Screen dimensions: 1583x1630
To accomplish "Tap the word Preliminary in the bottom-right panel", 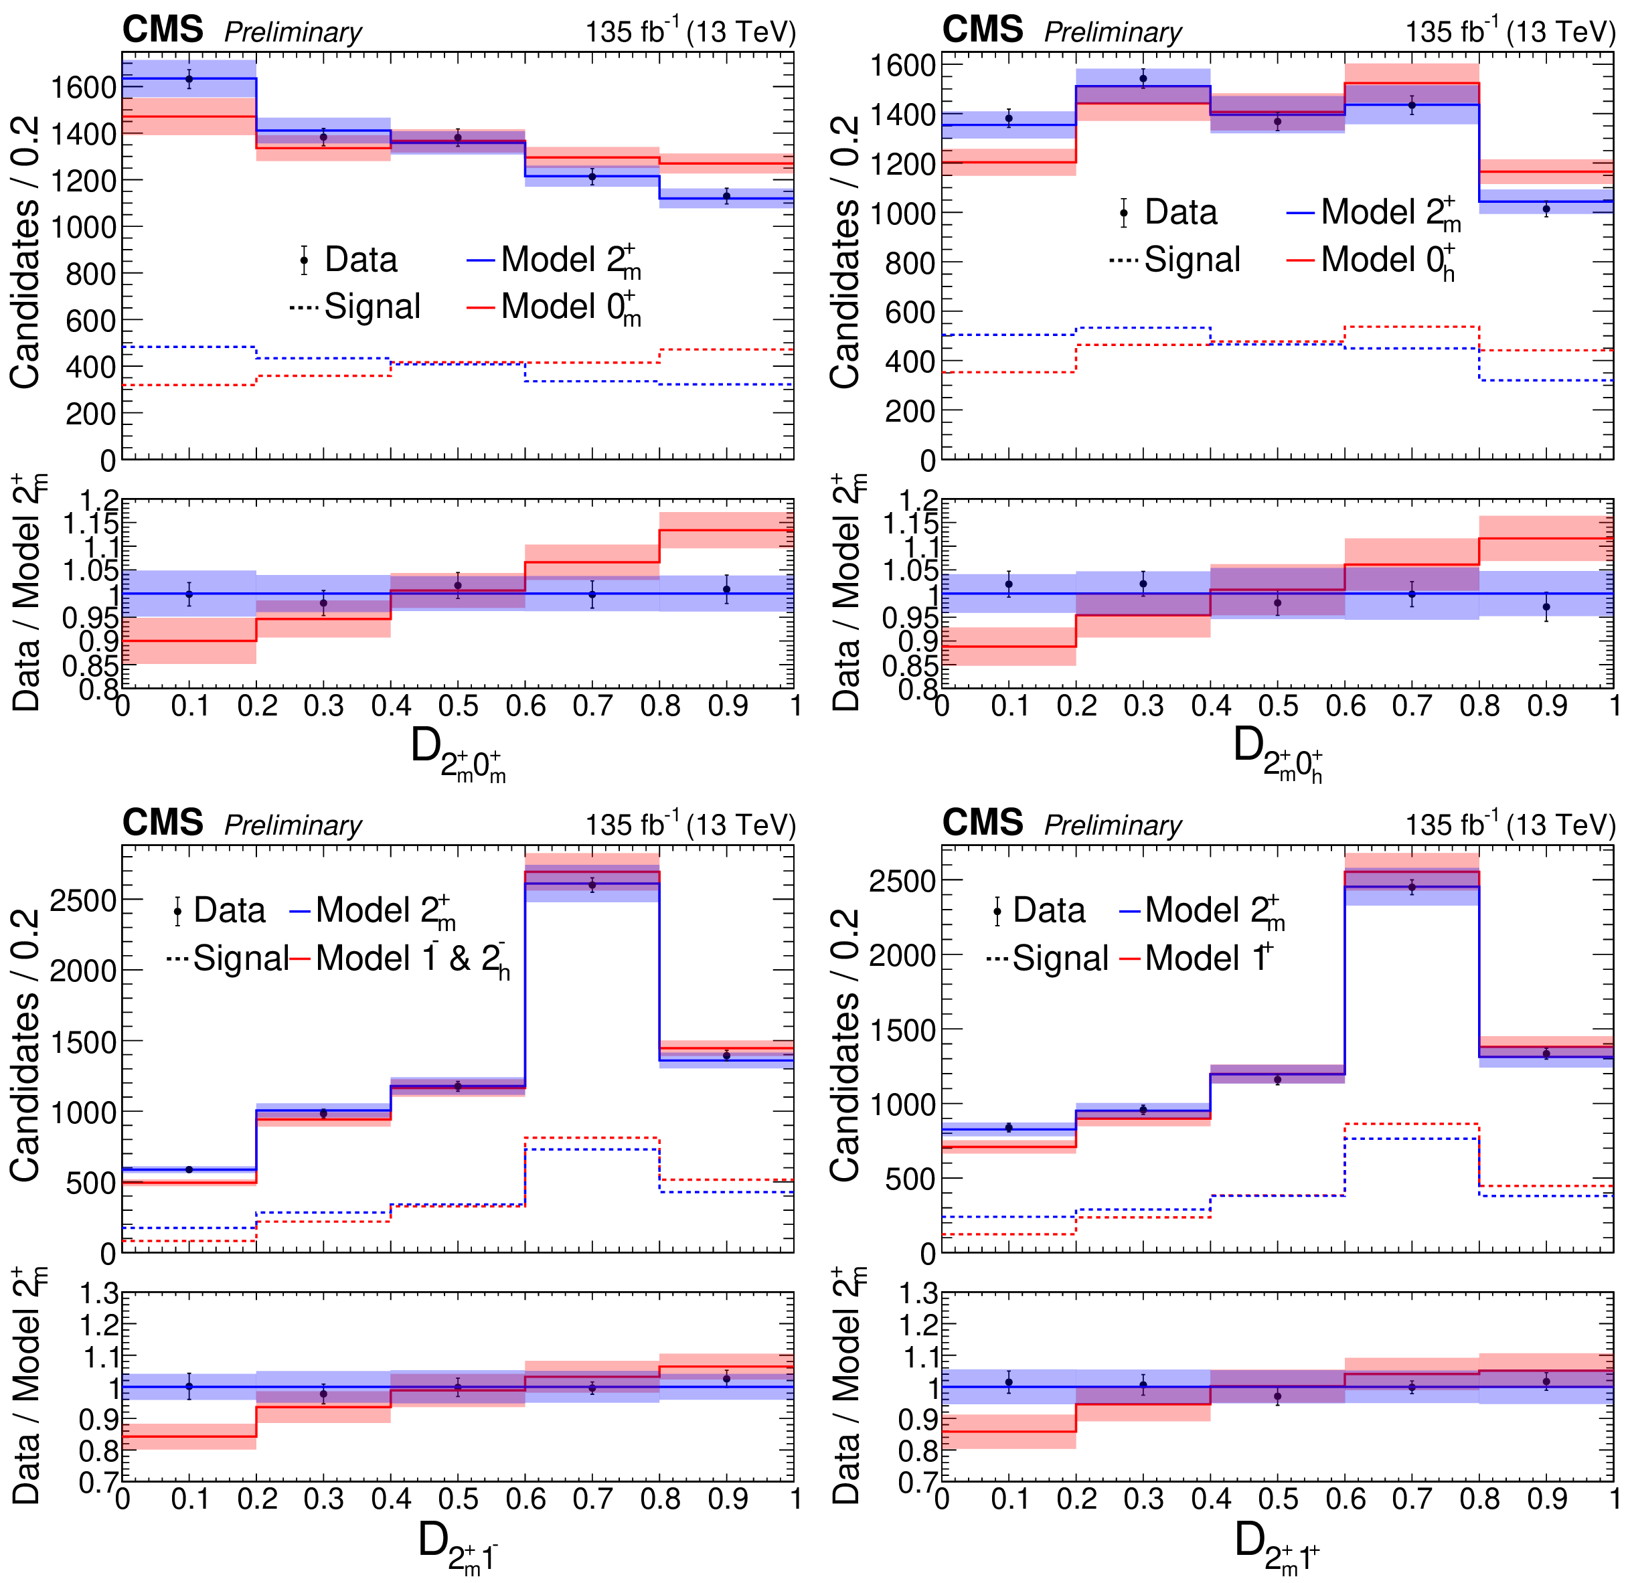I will tap(1113, 825).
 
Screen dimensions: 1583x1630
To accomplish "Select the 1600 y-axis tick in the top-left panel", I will tap(83, 86).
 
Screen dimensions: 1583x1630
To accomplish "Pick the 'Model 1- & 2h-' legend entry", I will tap(412, 959).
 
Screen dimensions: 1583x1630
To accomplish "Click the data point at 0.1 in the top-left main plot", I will tap(189, 79).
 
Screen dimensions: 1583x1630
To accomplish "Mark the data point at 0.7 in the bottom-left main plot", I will tap(592, 885).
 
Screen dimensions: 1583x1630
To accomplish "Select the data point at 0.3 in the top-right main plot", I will tap(1143, 79).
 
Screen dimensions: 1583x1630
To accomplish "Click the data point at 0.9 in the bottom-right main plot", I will tap(1546, 1054).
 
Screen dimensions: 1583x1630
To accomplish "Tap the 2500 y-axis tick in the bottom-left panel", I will tap(83, 900).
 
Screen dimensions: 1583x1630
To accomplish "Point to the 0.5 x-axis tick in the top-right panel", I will tap(1277, 706).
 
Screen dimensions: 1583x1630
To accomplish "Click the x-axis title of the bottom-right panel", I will tap(1277, 1543).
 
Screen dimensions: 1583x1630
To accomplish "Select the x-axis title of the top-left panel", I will tap(457, 750).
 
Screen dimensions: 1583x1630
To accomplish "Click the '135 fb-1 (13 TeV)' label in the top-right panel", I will tap(1510, 31).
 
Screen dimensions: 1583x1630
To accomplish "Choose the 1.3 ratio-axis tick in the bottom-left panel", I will tap(99, 1294).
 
